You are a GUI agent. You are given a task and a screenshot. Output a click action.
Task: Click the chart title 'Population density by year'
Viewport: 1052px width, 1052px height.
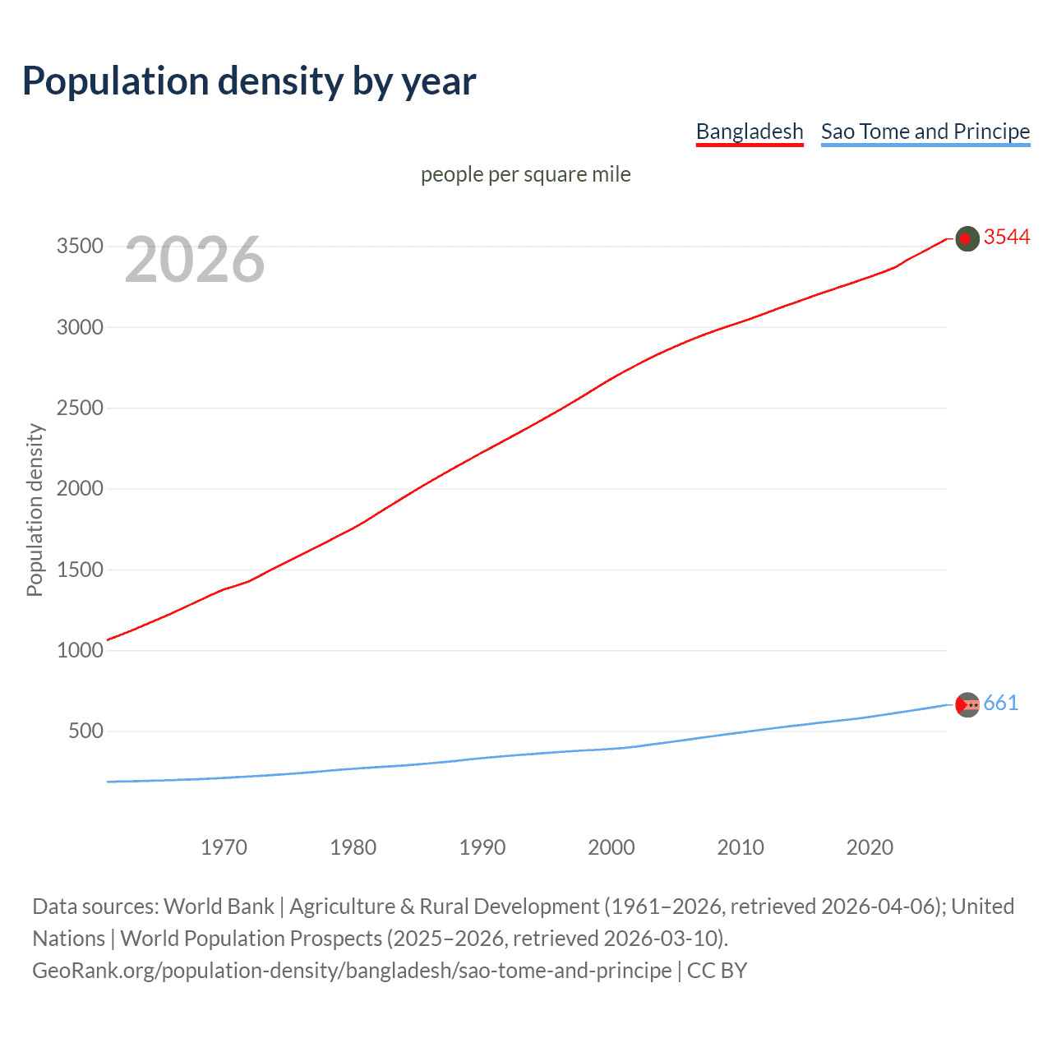(x=249, y=81)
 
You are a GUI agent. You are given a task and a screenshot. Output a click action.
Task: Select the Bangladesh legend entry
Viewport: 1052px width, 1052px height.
(x=749, y=131)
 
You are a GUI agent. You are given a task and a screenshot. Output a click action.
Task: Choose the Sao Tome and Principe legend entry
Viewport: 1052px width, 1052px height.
(x=925, y=131)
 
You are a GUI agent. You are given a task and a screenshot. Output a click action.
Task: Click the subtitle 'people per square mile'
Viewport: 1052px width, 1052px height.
(x=525, y=174)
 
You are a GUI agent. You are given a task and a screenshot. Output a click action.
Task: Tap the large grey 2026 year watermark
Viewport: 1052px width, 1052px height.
(x=195, y=260)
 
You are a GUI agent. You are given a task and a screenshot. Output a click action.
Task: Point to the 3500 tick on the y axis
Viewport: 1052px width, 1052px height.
(x=80, y=247)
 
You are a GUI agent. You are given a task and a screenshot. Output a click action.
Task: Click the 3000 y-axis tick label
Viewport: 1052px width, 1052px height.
(x=80, y=327)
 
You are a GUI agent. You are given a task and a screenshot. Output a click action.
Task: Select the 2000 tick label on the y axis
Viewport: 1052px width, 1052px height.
(x=80, y=489)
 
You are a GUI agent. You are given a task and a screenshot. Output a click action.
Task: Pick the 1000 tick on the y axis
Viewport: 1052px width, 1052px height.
(x=80, y=650)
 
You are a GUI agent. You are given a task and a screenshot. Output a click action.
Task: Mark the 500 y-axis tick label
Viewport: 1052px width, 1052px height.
(x=85, y=731)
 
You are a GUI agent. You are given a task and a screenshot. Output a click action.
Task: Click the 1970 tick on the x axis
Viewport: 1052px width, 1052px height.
(x=224, y=847)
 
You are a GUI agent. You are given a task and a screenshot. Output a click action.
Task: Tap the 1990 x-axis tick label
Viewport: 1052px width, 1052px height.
(x=482, y=847)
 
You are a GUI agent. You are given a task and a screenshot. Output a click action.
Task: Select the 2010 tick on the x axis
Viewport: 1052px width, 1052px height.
(x=741, y=847)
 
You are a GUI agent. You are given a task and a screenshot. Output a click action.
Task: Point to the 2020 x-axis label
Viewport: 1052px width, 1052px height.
(x=870, y=847)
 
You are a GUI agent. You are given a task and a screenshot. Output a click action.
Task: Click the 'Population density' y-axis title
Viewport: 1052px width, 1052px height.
(x=35, y=510)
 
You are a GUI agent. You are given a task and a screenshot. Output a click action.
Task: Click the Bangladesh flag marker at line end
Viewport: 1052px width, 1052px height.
(x=967, y=238)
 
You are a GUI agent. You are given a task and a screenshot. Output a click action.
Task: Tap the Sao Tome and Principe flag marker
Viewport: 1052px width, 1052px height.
(x=967, y=704)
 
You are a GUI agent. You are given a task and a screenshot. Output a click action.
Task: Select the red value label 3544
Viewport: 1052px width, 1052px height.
(x=1006, y=238)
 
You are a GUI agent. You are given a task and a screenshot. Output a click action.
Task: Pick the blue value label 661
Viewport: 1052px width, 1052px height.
(x=1000, y=704)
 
